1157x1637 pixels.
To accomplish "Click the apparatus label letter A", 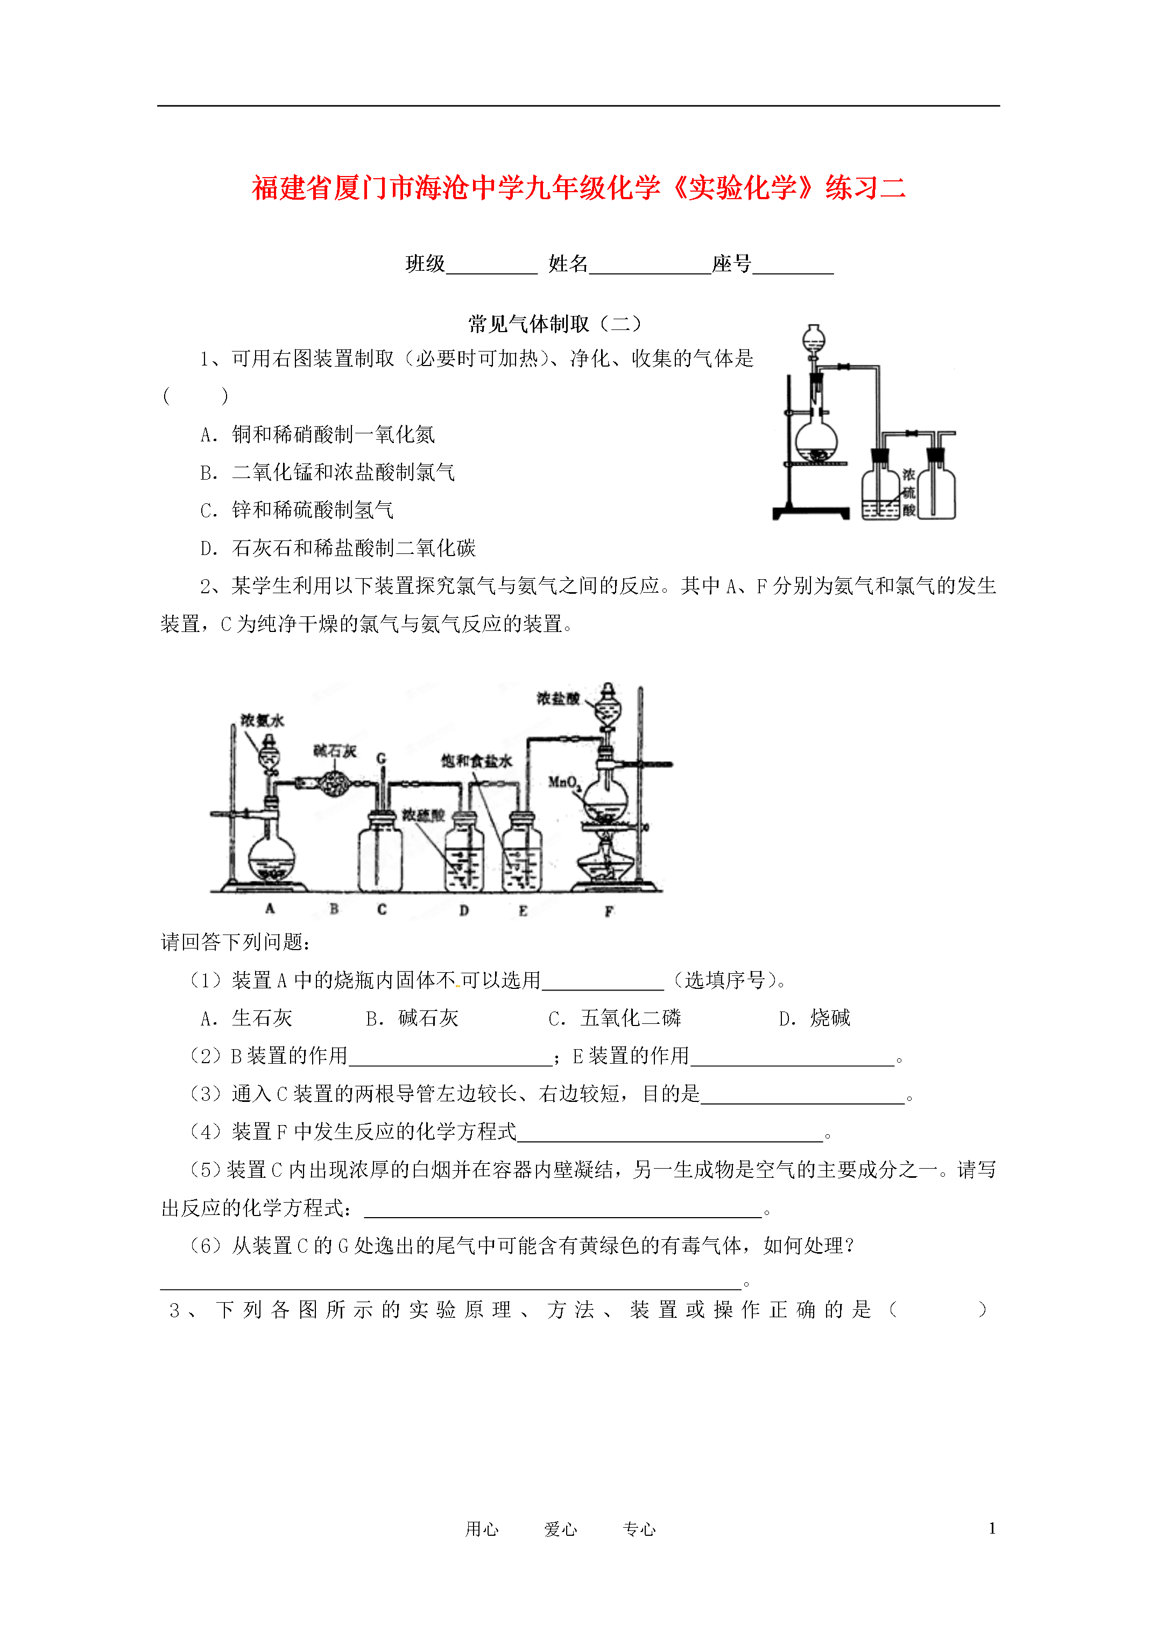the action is (x=270, y=908).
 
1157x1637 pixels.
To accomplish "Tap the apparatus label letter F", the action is (x=609, y=911).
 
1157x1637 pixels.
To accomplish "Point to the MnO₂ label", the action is (x=565, y=783).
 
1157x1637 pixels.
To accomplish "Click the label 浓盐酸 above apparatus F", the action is (x=558, y=698).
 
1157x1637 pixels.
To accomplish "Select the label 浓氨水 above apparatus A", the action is (x=262, y=720).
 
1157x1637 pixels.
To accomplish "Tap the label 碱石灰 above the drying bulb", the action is (x=335, y=751).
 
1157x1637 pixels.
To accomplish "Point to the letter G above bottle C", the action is (x=382, y=758).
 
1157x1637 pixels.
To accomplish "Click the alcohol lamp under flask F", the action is (x=606, y=863).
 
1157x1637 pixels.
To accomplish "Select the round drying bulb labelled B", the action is (x=332, y=784).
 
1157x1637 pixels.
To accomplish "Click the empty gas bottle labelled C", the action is (x=380, y=853).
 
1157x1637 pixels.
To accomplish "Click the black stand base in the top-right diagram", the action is (x=812, y=512).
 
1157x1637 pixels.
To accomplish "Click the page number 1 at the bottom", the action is (x=992, y=1528).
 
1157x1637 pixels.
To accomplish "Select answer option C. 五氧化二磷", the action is (x=615, y=1018).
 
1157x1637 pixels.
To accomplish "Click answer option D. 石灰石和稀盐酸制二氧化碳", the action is (x=338, y=547).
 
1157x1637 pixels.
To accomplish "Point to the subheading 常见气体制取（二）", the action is (x=555, y=325).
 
